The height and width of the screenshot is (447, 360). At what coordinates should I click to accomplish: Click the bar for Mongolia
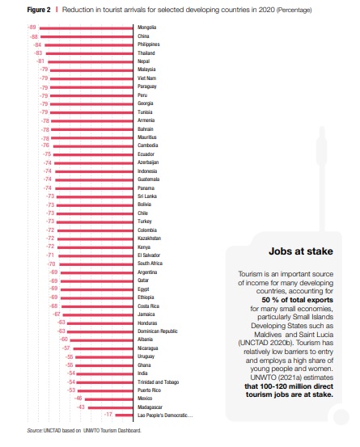[86, 28]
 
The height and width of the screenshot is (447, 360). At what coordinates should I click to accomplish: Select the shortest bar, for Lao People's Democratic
[124, 415]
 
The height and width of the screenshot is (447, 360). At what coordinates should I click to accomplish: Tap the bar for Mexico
[109, 399]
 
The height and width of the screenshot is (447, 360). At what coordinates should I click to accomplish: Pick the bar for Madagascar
[111, 407]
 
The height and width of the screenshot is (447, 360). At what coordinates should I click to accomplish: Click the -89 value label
[32, 27]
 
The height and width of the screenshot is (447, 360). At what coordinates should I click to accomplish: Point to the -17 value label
[108, 414]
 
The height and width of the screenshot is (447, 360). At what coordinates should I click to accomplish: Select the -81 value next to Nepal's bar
[40, 61]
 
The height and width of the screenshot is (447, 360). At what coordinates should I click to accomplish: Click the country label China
[143, 36]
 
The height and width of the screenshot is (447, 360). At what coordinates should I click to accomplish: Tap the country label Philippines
[149, 44]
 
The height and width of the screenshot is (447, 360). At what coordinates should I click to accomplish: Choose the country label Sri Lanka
[147, 196]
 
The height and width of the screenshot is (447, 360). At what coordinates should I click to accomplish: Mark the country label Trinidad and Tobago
[159, 382]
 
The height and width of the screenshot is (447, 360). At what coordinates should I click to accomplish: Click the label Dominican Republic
[158, 331]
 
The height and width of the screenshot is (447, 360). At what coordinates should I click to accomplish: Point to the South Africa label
[150, 264]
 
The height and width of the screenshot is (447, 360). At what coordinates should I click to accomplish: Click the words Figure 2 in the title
[39, 10]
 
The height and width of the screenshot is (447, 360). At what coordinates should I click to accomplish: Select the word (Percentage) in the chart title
[294, 10]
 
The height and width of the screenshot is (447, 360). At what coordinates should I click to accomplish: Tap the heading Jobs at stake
[301, 251]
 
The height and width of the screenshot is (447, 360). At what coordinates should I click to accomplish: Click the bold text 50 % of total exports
[297, 300]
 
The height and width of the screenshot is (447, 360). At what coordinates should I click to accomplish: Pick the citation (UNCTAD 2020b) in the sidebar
[266, 343]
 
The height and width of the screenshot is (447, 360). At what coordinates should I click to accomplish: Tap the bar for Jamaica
[98, 315]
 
